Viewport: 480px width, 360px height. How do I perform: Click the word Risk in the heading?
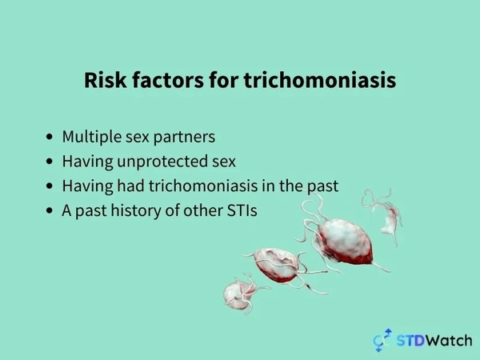pyautogui.click(x=106, y=80)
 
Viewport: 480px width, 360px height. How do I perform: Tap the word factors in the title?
pyautogui.click(x=168, y=80)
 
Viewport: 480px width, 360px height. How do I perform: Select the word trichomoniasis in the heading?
pyautogui.click(x=320, y=80)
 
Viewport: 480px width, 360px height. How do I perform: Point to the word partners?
pyautogui.click(x=184, y=138)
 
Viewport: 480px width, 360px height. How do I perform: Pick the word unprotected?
pyautogui.click(x=162, y=162)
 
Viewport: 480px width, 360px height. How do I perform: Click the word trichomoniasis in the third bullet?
pyautogui.click(x=203, y=186)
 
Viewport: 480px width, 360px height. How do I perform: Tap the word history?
pyautogui.click(x=136, y=210)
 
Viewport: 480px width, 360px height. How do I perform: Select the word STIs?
pyautogui.click(x=242, y=210)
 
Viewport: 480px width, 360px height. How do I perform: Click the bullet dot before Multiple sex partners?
pyautogui.click(x=50, y=137)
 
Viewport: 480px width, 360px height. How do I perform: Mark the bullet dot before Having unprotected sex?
pyautogui.click(x=50, y=162)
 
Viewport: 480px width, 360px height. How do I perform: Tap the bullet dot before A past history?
pyautogui.click(x=50, y=211)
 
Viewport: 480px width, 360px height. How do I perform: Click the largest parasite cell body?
pyautogui.click(x=345, y=241)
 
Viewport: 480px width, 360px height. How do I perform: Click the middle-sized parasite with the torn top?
pyautogui.click(x=276, y=265)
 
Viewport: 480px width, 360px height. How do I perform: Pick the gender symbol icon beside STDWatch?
pyautogui.click(x=382, y=340)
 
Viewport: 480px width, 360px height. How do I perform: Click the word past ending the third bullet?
pyautogui.click(x=323, y=186)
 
